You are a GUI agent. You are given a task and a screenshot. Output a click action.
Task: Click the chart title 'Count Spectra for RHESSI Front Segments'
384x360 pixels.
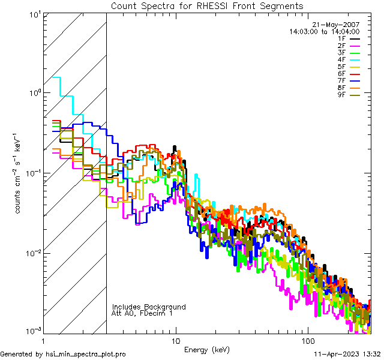(x=207, y=6)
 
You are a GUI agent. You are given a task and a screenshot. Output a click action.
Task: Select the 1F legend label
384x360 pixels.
(x=341, y=39)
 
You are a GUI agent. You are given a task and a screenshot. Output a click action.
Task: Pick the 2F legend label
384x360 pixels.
(x=341, y=46)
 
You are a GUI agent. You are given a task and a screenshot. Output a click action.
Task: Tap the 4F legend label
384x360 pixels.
(x=341, y=59)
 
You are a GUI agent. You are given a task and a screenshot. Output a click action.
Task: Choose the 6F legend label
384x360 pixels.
(x=341, y=73)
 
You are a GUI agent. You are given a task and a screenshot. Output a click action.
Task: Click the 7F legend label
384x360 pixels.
(x=341, y=80)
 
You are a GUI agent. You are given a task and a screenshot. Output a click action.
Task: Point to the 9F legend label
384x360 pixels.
(x=341, y=94)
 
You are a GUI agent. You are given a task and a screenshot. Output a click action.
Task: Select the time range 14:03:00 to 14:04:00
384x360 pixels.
(x=324, y=31)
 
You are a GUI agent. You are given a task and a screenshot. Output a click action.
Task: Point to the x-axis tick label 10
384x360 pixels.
(x=175, y=340)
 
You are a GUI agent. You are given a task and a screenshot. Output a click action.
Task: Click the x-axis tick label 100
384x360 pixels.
(x=307, y=340)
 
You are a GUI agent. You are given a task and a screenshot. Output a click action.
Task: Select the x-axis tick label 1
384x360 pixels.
(x=44, y=340)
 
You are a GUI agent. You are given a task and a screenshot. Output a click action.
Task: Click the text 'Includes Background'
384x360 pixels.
(x=149, y=307)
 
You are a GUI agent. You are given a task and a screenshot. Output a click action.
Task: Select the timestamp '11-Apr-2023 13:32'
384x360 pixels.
(x=346, y=354)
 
